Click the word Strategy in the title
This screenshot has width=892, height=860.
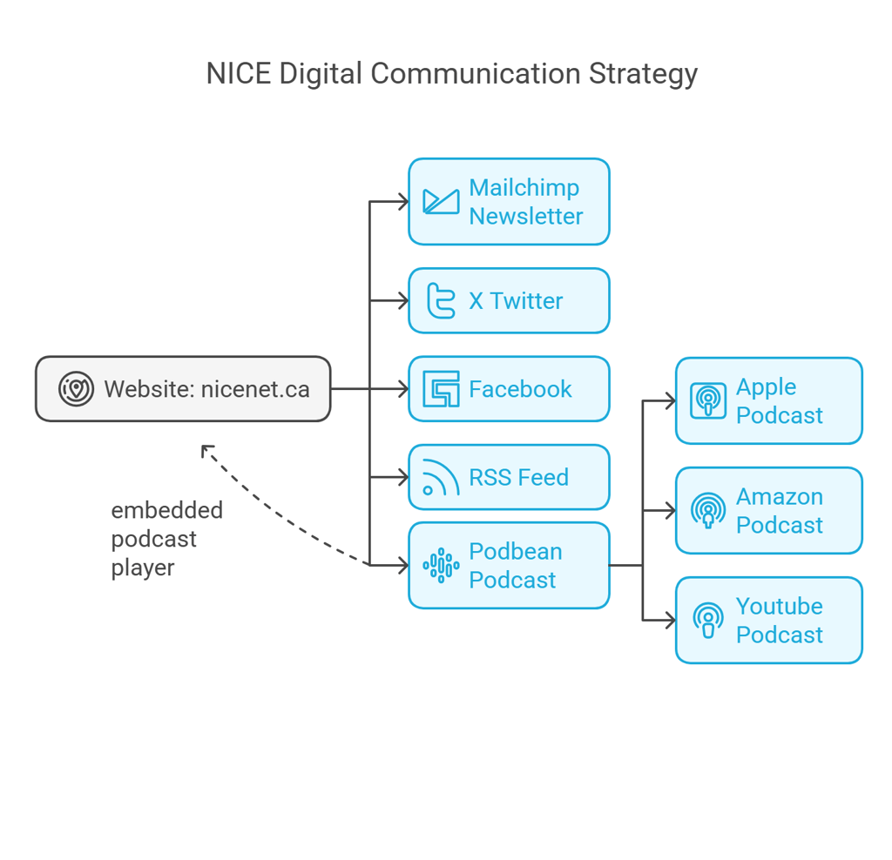click(x=643, y=75)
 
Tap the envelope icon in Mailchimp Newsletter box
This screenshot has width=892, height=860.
click(x=441, y=202)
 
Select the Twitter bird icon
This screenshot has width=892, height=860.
click(x=441, y=300)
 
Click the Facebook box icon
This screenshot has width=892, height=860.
click(x=441, y=389)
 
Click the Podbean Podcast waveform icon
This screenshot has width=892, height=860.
click(x=441, y=566)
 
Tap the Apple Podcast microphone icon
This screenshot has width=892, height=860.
click(x=708, y=400)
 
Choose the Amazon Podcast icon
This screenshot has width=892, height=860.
click(x=708, y=510)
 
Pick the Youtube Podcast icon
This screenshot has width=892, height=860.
click(x=708, y=620)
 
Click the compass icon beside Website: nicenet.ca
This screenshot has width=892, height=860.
click(x=77, y=389)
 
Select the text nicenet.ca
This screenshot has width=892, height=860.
click(x=255, y=389)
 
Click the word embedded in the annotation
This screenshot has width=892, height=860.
click(x=166, y=510)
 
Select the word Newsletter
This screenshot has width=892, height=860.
click(x=526, y=216)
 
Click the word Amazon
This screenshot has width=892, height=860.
click(x=780, y=497)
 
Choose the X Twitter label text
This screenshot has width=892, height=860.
click(x=516, y=300)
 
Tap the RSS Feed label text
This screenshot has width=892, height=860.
click(x=519, y=478)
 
